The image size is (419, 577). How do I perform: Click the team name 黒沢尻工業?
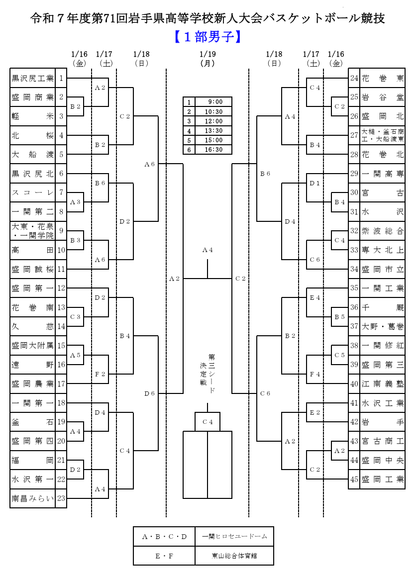33,78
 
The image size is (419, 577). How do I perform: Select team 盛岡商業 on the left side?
33,97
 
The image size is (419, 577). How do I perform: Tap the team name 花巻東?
382,78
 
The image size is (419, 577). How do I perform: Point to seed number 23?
61,498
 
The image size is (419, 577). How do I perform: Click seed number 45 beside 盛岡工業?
354,480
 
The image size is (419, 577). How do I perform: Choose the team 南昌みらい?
33,498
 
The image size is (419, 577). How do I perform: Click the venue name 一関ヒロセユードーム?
234,536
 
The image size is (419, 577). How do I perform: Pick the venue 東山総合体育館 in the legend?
234,556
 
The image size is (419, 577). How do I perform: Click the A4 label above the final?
208,250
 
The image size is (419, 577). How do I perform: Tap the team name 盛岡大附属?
33,345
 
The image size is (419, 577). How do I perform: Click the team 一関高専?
382,174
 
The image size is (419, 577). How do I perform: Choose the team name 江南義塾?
382,384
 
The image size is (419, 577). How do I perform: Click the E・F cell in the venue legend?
164,556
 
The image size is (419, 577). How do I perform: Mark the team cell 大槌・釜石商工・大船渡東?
382,135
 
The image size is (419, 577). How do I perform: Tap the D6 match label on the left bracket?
149,393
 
